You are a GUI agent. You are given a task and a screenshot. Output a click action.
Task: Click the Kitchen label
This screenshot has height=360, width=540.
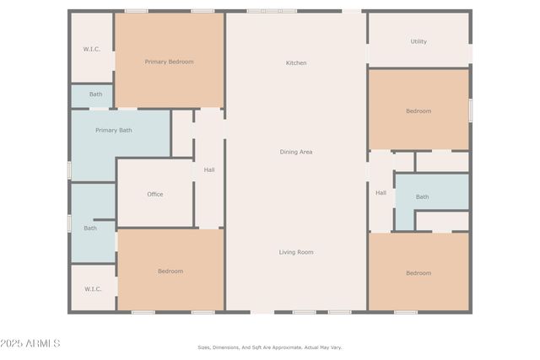pyautogui.click(x=296, y=63)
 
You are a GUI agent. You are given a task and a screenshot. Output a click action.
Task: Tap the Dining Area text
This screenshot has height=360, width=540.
pyautogui.click(x=296, y=152)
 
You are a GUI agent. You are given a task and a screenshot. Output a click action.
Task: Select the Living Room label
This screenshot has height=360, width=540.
pyautogui.click(x=296, y=252)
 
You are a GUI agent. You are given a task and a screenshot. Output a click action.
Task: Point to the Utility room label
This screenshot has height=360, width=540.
pyautogui.click(x=418, y=41)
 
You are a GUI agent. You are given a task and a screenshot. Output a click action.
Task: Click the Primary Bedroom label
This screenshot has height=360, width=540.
pyautogui.click(x=169, y=62)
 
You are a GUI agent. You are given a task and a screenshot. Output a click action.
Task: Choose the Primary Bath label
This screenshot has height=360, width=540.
pyautogui.click(x=113, y=131)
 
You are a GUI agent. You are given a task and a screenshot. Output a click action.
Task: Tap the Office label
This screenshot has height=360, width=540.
pyautogui.click(x=155, y=195)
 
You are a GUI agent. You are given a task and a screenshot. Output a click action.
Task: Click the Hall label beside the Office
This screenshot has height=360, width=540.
pyautogui.click(x=208, y=170)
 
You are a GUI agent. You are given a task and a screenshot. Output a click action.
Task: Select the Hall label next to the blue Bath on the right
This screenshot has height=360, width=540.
pyautogui.click(x=381, y=193)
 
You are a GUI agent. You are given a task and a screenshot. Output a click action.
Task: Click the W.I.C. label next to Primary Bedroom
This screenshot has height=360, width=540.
pyautogui.click(x=92, y=49)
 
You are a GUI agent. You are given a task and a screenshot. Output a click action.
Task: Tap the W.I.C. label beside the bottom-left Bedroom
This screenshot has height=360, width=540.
pyautogui.click(x=93, y=289)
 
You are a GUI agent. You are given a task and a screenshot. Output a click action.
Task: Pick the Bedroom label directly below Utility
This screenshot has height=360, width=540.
pyautogui.click(x=418, y=111)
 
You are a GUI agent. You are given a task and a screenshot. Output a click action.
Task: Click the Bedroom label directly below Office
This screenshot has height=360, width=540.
pyautogui.click(x=170, y=271)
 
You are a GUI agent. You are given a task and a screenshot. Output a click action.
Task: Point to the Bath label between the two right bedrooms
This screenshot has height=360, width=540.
pyautogui.click(x=422, y=197)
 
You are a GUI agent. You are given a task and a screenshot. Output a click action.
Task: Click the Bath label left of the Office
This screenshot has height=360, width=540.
pyautogui.click(x=90, y=228)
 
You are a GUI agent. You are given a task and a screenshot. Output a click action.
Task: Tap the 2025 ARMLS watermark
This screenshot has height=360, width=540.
pyautogui.click(x=31, y=344)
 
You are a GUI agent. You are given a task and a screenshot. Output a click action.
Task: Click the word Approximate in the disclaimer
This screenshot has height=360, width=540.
pyautogui.click(x=275, y=347)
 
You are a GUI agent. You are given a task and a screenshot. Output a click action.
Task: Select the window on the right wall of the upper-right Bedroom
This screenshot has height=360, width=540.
pyautogui.click(x=470, y=110)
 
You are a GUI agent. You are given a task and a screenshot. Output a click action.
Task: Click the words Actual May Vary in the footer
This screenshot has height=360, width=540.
pyautogui.click(x=323, y=347)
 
